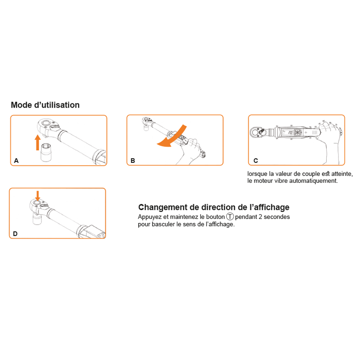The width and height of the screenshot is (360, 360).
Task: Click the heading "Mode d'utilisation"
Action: click(x=45, y=105)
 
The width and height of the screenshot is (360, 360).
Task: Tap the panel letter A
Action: click(x=16, y=161)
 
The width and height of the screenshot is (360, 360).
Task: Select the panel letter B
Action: click(x=133, y=161)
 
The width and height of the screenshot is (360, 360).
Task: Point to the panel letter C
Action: click(x=256, y=161)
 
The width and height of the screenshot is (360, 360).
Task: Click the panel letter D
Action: click(x=15, y=234)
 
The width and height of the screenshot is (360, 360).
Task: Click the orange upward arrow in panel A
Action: click(x=37, y=143)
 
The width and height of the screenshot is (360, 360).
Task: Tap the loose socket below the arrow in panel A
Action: click(x=45, y=152)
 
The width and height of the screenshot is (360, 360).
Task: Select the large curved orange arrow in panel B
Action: click(x=172, y=137)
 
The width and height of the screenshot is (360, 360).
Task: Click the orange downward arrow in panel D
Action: click(x=38, y=196)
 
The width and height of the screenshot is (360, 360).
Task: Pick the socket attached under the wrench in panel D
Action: click(x=37, y=218)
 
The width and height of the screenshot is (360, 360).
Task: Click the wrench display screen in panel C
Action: click(x=287, y=132)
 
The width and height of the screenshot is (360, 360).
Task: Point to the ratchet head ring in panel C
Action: click(x=255, y=132)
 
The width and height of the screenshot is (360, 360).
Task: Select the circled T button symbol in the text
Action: click(x=230, y=216)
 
